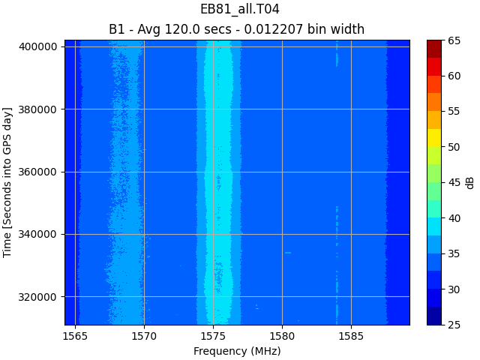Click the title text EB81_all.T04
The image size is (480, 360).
[x=239, y=10]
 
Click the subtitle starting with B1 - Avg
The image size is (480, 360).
[x=236, y=29]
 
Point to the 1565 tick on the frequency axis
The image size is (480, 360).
[x=75, y=336]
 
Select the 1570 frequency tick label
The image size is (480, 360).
[x=144, y=336]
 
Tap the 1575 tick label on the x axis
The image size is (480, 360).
[x=213, y=336]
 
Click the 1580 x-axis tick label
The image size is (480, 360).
[x=282, y=336]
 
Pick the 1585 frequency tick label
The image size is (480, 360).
[x=351, y=336]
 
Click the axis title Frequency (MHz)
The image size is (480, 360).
[x=237, y=351]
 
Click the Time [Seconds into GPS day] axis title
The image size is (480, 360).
[x=8, y=182]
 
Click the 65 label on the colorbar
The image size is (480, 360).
[x=454, y=40]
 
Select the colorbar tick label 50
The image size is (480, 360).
[x=454, y=147]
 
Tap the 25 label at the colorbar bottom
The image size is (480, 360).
[x=454, y=325]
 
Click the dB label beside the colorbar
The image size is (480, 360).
[x=470, y=182]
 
